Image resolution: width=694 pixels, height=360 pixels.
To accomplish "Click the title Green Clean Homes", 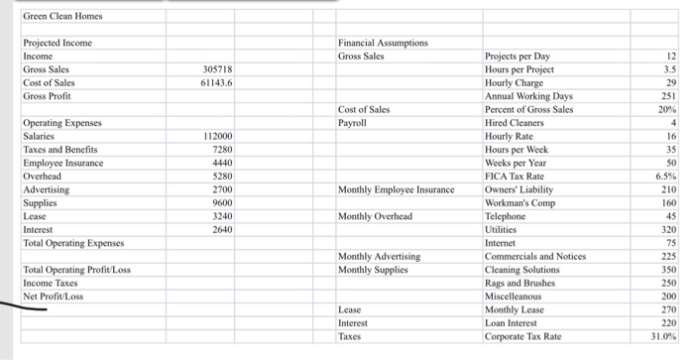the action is [61, 16].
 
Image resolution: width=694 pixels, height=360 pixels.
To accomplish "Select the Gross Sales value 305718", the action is [217, 70].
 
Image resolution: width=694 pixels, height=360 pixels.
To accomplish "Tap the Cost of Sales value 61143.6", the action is [215, 83].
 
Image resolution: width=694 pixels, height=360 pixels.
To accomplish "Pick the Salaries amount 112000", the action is [216, 136].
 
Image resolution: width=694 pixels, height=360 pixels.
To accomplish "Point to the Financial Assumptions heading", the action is [383, 44].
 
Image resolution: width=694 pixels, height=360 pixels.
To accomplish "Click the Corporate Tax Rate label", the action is [522, 336].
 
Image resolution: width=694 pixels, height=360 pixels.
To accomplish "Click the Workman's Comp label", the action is [520, 202].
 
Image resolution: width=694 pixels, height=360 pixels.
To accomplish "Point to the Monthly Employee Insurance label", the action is [396, 189].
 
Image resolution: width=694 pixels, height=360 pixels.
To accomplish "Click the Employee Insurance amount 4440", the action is [220, 163].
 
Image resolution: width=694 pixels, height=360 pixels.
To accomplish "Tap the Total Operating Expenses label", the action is [74, 243].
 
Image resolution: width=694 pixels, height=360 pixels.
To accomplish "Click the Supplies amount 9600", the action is [220, 202].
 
